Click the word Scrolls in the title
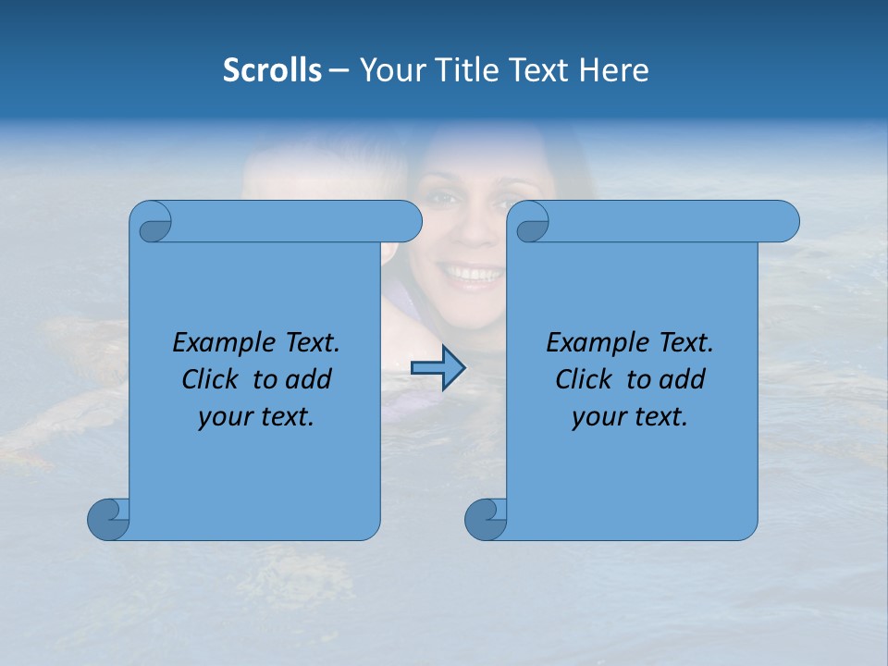pyautogui.click(x=272, y=70)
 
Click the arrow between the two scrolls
pyautogui.click(x=438, y=368)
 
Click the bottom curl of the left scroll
pyautogui.click(x=109, y=519)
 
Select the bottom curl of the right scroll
pyautogui.click(x=487, y=519)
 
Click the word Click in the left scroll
pyautogui.click(x=212, y=379)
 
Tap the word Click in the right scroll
pyautogui.click(x=586, y=379)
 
